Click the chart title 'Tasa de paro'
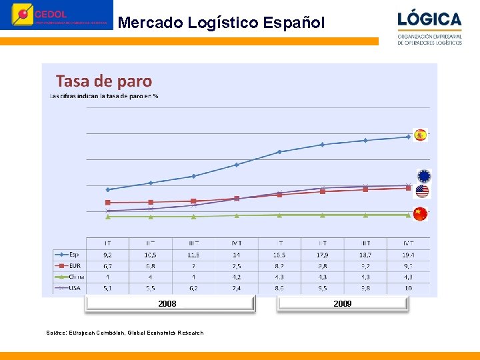click(104, 81)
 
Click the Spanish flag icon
click(419, 135)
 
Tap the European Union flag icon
click(424, 176)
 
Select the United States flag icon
click(422, 192)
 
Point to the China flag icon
click(419, 213)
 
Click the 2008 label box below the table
click(168, 304)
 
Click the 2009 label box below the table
click(343, 304)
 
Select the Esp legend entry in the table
click(69, 254)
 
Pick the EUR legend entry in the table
click(69, 265)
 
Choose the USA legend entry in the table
click(69, 288)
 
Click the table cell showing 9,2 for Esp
click(107, 254)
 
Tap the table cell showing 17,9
click(323, 254)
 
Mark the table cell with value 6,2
click(193, 288)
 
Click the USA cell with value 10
click(408, 288)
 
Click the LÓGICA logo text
click(429, 19)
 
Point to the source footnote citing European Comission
click(125, 333)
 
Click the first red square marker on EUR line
click(108, 203)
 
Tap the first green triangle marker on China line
click(108, 217)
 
